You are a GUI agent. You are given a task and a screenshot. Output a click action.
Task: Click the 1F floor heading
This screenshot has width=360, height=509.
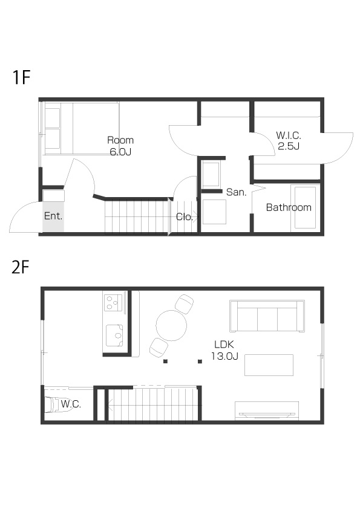(21, 77)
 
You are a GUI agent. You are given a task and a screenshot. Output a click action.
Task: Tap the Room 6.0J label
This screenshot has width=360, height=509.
(120, 146)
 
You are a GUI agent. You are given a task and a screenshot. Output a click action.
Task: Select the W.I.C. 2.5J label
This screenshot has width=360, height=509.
(289, 141)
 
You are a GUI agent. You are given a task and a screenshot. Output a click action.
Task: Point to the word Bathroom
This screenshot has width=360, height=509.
(289, 207)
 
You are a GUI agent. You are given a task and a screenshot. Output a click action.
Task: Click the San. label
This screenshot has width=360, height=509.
(236, 192)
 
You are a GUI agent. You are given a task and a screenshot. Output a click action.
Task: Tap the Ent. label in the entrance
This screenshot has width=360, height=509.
(53, 216)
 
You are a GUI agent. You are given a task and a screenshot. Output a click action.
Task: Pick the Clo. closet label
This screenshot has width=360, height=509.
(184, 217)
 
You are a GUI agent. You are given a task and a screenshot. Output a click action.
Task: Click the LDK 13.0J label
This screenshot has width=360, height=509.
(224, 350)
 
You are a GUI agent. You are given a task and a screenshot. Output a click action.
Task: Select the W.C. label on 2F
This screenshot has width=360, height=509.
(71, 404)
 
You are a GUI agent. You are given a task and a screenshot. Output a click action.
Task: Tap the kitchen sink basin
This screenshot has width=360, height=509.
(114, 336)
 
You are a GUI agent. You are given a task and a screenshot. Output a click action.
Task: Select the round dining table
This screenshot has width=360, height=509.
(171, 325)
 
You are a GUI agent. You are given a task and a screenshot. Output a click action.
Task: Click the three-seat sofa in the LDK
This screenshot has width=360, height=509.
(267, 316)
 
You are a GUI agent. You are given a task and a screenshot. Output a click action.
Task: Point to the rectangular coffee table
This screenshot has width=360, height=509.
(269, 365)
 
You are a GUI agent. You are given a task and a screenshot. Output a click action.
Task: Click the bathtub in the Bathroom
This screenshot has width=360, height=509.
(305, 208)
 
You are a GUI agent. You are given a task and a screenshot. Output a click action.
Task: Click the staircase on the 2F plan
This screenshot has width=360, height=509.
(152, 404)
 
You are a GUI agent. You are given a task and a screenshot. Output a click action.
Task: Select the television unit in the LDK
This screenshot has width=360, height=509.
(267, 410)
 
